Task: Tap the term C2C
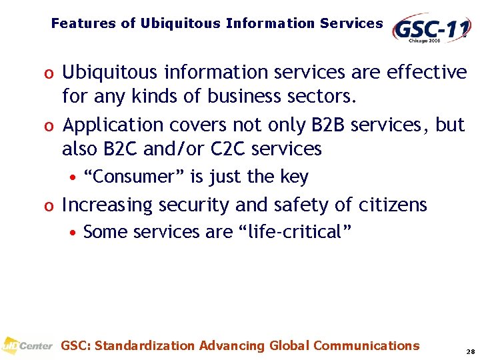click(x=230, y=149)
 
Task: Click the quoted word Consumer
click(x=135, y=177)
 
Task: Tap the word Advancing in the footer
click(x=232, y=345)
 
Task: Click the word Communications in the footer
click(x=366, y=345)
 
